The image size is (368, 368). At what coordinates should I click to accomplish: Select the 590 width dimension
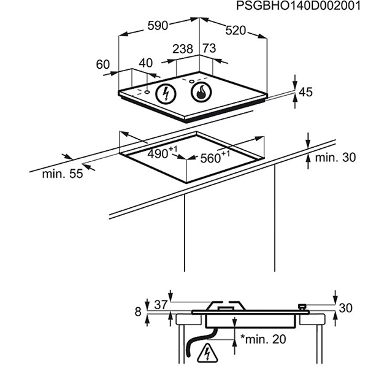pos(159,27)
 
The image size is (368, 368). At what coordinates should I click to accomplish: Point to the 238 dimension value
pos(183,48)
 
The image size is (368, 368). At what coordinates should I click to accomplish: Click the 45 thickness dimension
pos(305,92)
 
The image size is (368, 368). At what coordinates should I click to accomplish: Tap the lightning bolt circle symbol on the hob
pos(165,94)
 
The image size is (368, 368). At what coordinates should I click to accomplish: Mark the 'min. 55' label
pos(63,174)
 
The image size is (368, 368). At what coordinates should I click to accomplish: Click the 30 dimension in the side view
pos(345,308)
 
